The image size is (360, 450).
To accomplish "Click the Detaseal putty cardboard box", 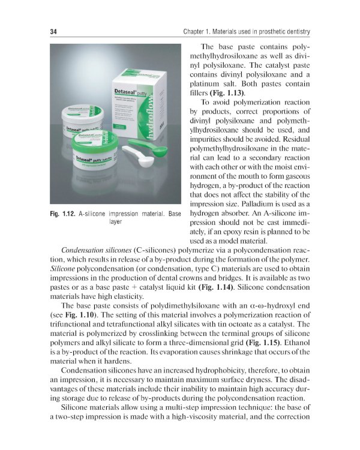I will point(138,102).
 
